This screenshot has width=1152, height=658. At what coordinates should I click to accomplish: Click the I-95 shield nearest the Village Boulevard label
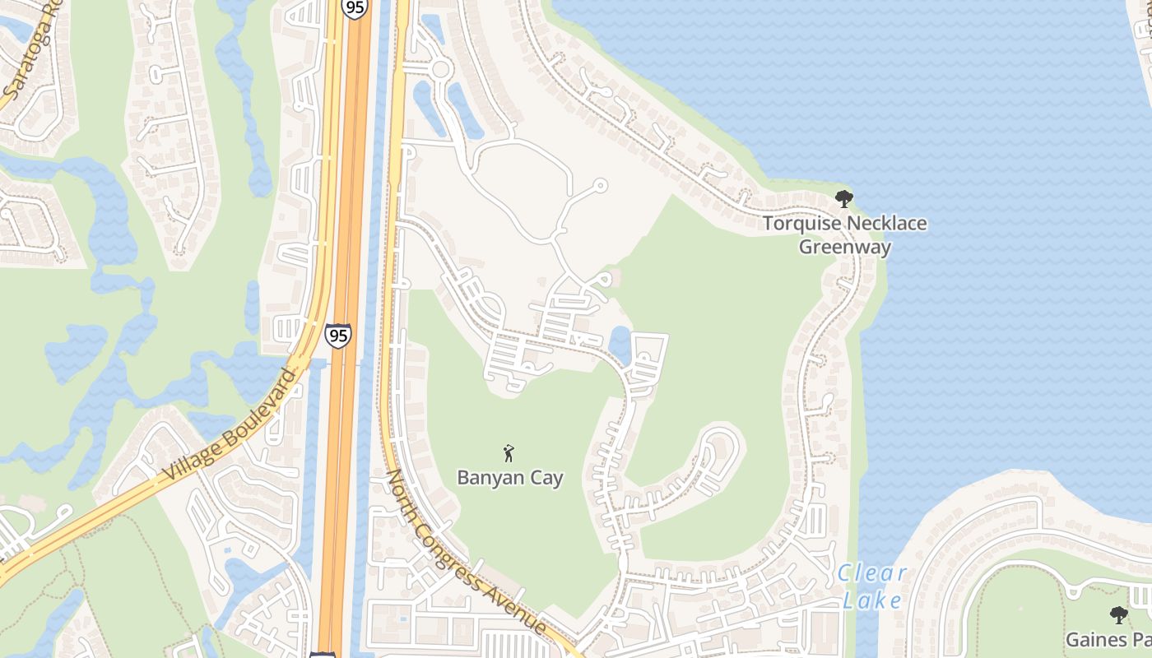337,335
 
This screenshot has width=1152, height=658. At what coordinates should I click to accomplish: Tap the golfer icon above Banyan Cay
509,452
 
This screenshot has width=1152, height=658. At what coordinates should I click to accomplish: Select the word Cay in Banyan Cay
546,478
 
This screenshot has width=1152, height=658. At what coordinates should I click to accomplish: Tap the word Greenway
844,247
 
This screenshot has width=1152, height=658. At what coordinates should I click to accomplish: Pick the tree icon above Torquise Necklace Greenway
843,198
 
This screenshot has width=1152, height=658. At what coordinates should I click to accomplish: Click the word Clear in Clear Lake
871,573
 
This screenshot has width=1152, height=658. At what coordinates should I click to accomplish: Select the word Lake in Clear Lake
871,600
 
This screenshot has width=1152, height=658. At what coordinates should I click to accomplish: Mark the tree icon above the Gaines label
1118,614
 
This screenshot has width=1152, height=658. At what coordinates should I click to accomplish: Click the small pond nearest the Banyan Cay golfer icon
620,344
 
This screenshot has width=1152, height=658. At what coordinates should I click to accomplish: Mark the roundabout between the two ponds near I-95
440,69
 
